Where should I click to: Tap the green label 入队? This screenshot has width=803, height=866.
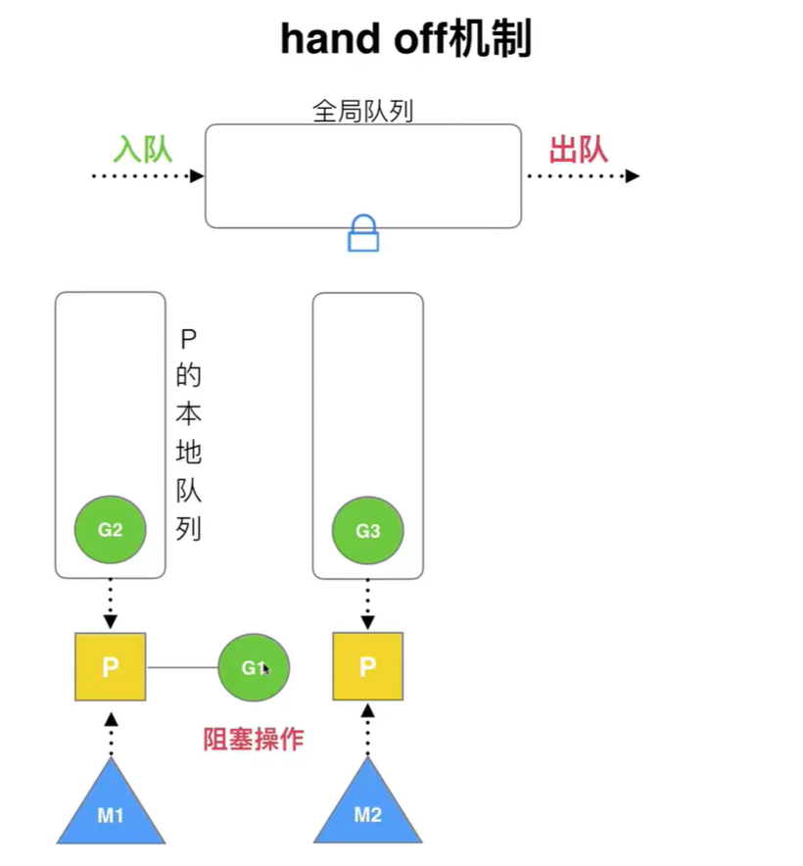tap(142, 149)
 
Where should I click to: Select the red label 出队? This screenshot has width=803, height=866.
tap(578, 149)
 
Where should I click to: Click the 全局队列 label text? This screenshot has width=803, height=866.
tap(362, 112)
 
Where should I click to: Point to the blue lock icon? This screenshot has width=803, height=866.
tap(363, 234)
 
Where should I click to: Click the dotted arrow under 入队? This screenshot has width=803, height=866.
tap(147, 176)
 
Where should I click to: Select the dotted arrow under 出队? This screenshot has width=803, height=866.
tap(583, 176)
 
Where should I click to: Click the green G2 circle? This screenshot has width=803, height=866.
tap(111, 530)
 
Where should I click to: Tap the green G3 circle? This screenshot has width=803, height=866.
tap(367, 531)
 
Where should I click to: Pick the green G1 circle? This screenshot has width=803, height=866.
tap(254, 667)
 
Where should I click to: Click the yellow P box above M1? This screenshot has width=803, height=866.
tap(111, 667)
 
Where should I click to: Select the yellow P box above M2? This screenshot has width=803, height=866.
tap(367, 667)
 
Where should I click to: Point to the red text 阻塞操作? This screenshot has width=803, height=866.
tap(253, 739)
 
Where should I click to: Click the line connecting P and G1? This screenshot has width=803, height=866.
tap(182, 667)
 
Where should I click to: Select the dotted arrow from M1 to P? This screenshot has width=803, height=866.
tap(111, 731)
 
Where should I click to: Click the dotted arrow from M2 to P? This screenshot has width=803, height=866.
tap(367, 731)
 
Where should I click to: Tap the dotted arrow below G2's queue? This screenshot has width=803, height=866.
tap(111, 603)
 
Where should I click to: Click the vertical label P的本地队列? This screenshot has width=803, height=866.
tap(188, 434)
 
